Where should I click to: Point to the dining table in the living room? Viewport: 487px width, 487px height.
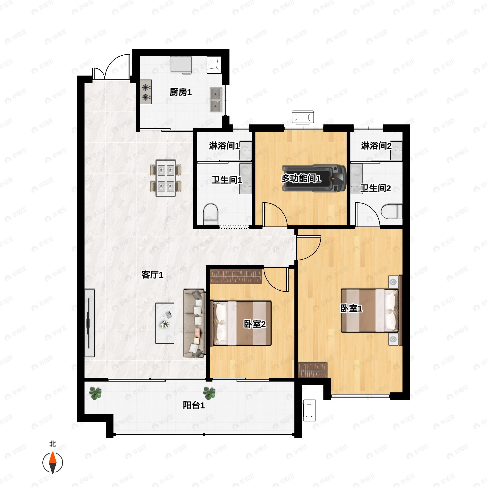point(166,178)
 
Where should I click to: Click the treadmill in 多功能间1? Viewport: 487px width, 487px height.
point(314,179)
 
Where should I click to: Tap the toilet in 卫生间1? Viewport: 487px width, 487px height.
point(210,214)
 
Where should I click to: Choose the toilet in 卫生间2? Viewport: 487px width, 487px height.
point(391,211)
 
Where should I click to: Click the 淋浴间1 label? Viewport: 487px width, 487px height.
point(224,146)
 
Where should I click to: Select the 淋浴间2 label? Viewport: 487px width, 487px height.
point(376,145)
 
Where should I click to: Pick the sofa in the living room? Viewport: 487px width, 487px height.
point(195,323)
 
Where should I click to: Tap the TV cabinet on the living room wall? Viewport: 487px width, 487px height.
point(89,323)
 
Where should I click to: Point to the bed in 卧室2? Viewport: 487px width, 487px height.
point(241,323)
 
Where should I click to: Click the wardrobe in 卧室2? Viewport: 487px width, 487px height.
point(236,277)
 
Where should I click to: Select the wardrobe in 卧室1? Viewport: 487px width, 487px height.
point(312,370)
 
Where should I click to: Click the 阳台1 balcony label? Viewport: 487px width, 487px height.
point(194,405)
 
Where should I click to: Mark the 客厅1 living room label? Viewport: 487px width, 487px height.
point(153,275)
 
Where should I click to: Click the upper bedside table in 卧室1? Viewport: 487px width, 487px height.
point(393,282)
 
